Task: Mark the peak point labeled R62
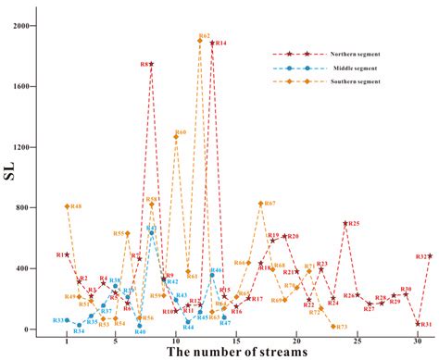200,40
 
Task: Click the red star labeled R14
212,43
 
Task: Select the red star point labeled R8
152,64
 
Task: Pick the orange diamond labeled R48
68,206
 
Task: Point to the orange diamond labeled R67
260,204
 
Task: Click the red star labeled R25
345,223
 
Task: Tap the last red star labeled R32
430,256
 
